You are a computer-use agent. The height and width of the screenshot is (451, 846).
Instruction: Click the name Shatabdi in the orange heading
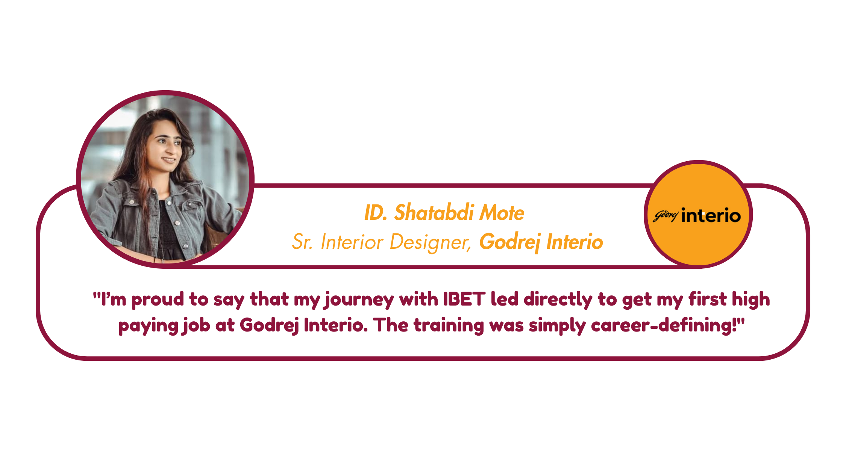[x=434, y=212]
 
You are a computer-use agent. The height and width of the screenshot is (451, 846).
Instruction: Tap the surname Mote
[x=502, y=213]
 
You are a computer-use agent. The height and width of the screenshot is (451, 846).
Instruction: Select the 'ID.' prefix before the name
[x=376, y=213]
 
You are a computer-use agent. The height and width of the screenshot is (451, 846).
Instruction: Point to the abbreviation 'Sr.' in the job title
[x=302, y=242]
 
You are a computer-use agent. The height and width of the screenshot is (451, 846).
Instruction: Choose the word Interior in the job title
[x=352, y=242]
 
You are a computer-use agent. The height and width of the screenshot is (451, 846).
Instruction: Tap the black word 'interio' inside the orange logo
[x=711, y=216]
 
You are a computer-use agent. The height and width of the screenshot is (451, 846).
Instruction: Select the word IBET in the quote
[x=464, y=299]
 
